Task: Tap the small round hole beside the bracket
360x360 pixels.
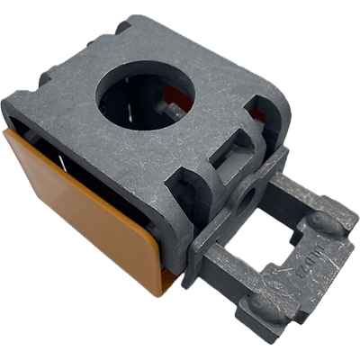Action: [244, 193]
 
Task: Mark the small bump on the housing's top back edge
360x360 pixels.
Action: [121, 27]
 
